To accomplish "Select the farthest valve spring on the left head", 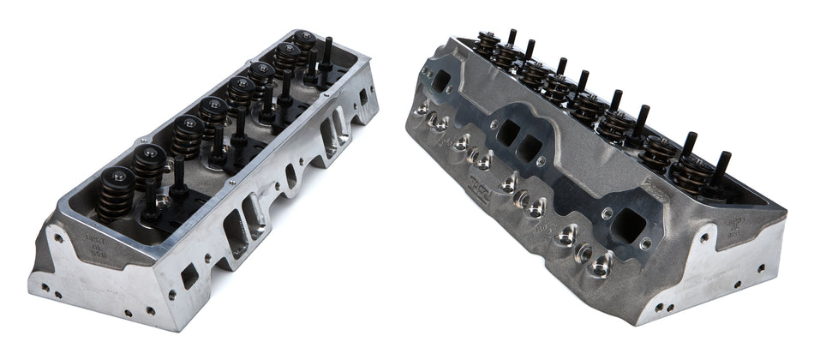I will (304, 45).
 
